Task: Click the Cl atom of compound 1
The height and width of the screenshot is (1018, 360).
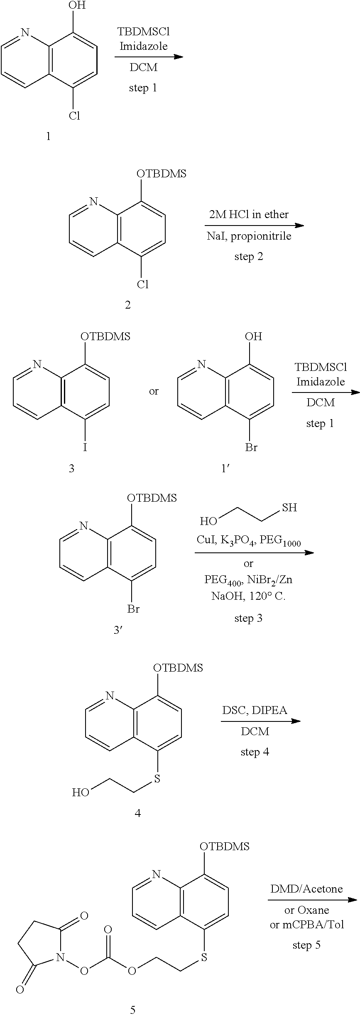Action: pyautogui.click(x=74, y=116)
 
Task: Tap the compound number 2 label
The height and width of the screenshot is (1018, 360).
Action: pyautogui.click(x=128, y=305)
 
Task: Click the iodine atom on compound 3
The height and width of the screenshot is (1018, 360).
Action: pyautogui.click(x=86, y=447)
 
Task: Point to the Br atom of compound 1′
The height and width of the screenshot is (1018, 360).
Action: pyautogui.click(x=251, y=447)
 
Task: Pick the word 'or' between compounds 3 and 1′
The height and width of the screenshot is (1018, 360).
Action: pyautogui.click(x=154, y=391)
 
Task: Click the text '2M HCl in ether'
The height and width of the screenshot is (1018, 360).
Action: pyautogui.click(x=249, y=214)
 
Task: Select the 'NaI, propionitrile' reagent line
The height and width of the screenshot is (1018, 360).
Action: pyautogui.click(x=249, y=236)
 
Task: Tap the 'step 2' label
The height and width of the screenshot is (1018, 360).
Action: pyautogui.click(x=249, y=256)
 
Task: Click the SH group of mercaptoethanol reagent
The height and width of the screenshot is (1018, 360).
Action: pyautogui.click(x=289, y=508)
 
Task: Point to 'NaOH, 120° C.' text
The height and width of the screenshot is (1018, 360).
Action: pyautogui.click(x=248, y=596)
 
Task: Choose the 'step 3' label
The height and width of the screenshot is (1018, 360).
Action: pyautogui.click(x=248, y=618)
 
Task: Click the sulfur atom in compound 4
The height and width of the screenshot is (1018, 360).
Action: pyautogui.click(x=157, y=778)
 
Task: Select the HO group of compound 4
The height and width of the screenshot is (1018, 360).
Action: pyautogui.click(x=81, y=792)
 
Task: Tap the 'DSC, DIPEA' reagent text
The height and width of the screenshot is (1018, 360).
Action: pyautogui.click(x=255, y=710)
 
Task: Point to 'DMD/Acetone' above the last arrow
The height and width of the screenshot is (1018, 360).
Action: pyautogui.click(x=306, y=889)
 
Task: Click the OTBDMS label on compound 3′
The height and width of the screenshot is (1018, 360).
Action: pyautogui.click(x=152, y=498)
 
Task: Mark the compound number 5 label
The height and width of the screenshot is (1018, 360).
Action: pyautogui.click(x=133, y=1010)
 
